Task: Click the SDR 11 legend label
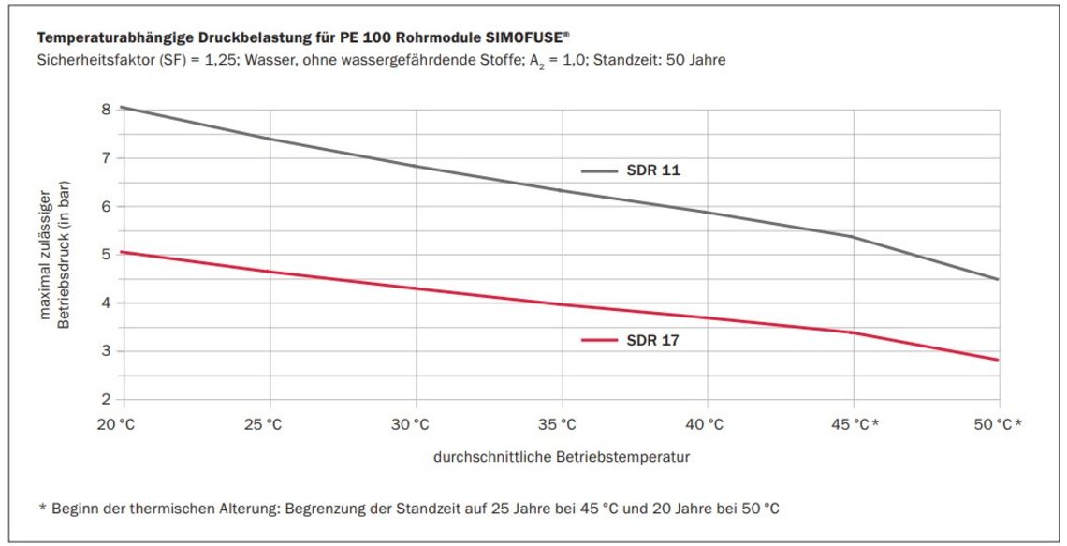pyautogui.click(x=653, y=171)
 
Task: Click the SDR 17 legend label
pyautogui.click(x=653, y=341)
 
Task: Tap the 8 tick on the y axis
pyautogui.click(x=106, y=109)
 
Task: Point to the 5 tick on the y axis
pyautogui.click(x=106, y=254)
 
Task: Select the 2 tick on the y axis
pyautogui.click(x=106, y=400)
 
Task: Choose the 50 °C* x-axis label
pyautogui.click(x=998, y=424)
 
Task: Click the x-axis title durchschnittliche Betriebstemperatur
pyautogui.click(x=562, y=458)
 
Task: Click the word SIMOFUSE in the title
pyautogui.click(x=517, y=38)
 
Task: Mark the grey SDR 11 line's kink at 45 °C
pyautogui.click(x=853, y=237)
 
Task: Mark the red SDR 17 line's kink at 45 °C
pyautogui.click(x=853, y=332)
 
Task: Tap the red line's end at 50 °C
pyautogui.click(x=998, y=360)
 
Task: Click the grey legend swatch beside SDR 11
pyautogui.click(x=599, y=171)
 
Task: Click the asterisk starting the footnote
pyautogui.click(x=42, y=508)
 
